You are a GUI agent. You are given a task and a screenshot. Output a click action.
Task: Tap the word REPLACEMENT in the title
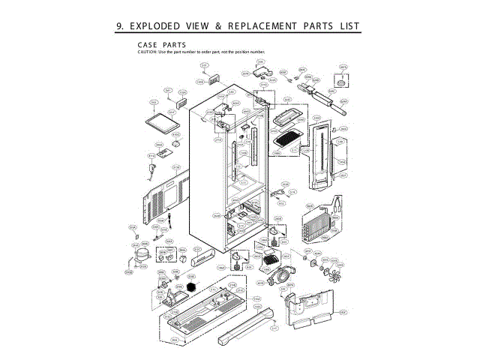click(x=262, y=26)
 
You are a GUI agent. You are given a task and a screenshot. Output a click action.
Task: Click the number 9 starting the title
click(x=119, y=26)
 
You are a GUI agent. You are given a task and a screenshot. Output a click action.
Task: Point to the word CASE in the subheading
click(x=148, y=45)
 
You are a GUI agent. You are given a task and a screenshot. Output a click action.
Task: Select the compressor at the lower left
click(x=140, y=256)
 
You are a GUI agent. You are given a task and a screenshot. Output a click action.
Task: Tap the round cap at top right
click(x=343, y=76)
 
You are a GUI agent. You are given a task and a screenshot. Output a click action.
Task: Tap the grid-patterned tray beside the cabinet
click(x=288, y=139)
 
